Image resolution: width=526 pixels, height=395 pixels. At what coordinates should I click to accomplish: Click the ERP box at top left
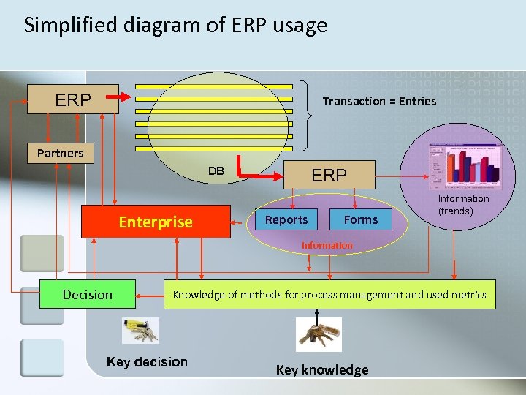tap(73, 99)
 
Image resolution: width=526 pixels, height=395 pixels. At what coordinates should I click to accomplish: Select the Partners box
tap(61, 153)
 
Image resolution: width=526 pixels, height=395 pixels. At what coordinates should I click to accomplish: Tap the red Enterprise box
tap(156, 222)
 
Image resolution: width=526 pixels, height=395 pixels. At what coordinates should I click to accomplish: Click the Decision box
tap(88, 295)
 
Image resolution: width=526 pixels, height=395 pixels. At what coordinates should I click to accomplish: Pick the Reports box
tap(286, 219)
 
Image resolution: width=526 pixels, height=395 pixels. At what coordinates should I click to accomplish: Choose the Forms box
tap(361, 219)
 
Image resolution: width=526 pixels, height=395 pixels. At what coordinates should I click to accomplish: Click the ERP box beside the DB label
tap(329, 176)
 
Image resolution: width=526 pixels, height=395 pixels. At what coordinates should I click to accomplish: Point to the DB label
tap(216, 171)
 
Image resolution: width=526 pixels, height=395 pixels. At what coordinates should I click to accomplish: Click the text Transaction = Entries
tap(379, 102)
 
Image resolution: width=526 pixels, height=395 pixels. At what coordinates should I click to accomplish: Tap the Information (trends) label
tap(463, 205)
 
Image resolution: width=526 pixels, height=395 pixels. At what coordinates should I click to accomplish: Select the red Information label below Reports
tap(327, 246)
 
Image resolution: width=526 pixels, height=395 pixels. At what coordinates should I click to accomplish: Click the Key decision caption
tap(147, 362)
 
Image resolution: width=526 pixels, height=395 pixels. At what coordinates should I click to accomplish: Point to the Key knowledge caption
tap(322, 370)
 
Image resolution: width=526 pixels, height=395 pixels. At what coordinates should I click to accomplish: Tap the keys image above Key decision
tap(139, 330)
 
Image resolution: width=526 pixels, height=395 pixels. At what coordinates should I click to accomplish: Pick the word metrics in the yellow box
tap(468, 295)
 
